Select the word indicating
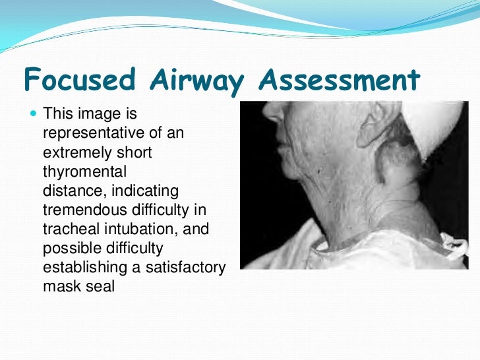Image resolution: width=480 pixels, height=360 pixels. coord(146,191)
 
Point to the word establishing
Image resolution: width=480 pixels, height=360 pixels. coord(84,268)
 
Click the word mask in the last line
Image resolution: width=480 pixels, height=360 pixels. coord(59,287)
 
